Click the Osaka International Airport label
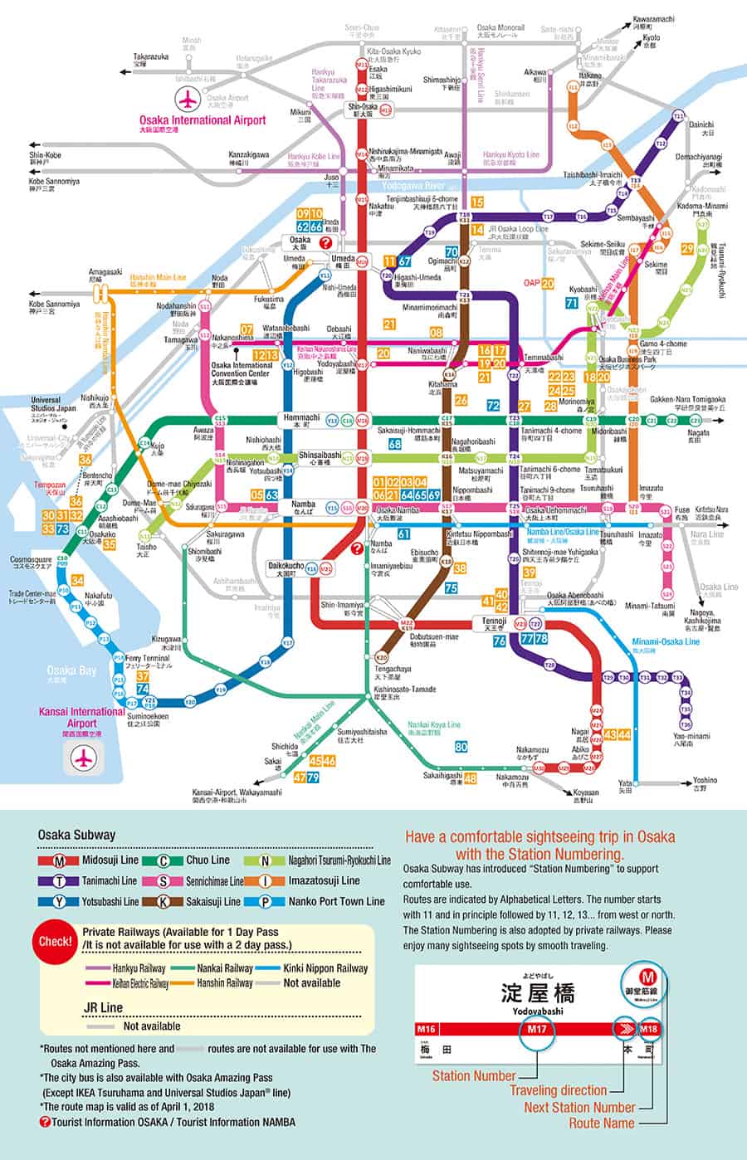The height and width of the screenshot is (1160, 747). (x=203, y=120)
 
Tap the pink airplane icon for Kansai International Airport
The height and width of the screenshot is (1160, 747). (x=82, y=757)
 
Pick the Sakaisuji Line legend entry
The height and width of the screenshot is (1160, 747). (x=207, y=901)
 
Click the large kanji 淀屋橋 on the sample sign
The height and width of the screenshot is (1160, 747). (x=538, y=992)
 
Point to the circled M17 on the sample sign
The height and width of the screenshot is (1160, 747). (x=538, y=1030)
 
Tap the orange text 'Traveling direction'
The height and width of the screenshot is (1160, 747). (x=558, y=1090)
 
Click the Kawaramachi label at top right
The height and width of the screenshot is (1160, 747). (x=654, y=19)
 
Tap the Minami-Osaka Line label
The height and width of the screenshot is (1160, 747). (x=666, y=641)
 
